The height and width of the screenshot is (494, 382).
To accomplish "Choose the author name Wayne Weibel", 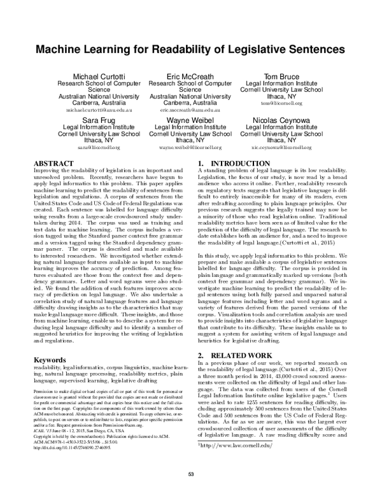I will point(190,120).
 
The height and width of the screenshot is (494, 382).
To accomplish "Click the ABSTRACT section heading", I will point(53,164).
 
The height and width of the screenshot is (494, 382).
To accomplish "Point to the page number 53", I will point(190,474).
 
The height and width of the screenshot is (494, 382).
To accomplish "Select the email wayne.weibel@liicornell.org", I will point(190,146).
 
